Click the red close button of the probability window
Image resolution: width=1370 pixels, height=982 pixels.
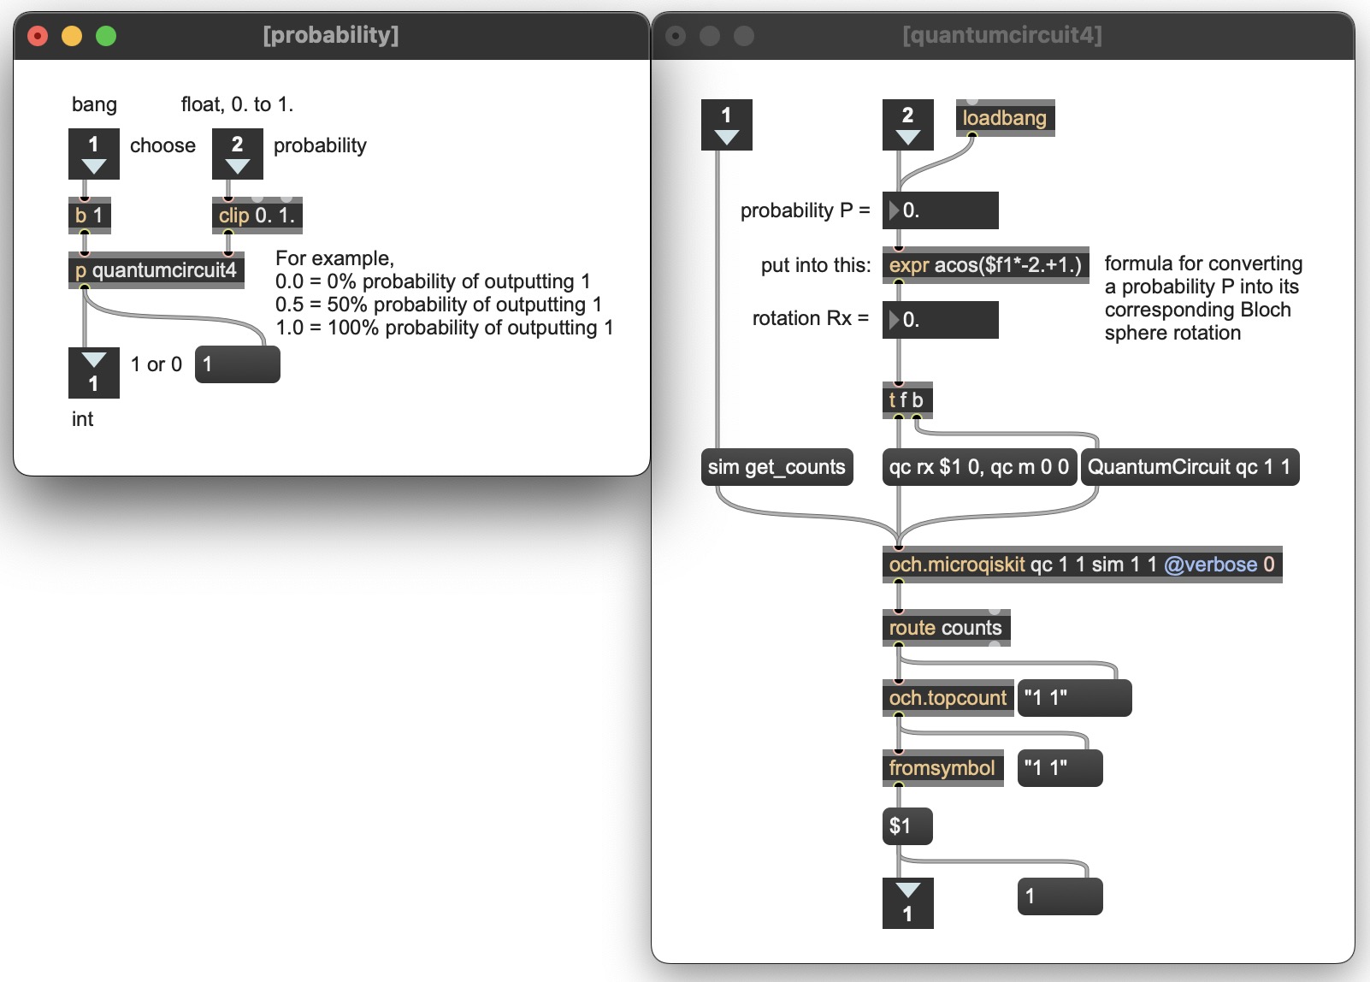click(38, 36)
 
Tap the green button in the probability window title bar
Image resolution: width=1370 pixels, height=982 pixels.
click(106, 36)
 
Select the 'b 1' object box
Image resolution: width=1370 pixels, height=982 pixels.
click(89, 216)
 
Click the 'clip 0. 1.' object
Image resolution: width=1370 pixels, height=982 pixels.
click(257, 216)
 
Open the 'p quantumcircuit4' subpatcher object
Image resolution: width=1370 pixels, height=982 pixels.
click(156, 269)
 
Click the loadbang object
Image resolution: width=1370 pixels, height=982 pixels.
click(1005, 117)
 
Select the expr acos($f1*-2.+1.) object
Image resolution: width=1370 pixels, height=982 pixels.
click(985, 265)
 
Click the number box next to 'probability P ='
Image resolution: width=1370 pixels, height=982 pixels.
click(940, 210)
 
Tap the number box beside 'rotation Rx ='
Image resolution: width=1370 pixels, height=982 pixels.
click(940, 319)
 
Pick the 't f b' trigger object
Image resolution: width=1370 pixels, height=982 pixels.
click(907, 400)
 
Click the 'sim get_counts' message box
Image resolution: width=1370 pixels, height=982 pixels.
click(777, 467)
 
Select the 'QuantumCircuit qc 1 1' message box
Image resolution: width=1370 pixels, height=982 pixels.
click(1190, 467)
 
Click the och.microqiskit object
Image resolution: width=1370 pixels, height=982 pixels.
click(1082, 564)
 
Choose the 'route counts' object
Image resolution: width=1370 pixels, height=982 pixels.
click(946, 628)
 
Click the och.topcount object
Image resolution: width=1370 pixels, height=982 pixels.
click(948, 697)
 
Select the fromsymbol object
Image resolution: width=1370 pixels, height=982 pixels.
click(942, 768)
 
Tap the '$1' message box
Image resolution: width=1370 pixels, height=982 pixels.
click(907, 826)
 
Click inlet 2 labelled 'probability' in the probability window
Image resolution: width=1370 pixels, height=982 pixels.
click(237, 154)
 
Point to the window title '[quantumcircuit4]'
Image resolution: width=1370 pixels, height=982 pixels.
click(1002, 35)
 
